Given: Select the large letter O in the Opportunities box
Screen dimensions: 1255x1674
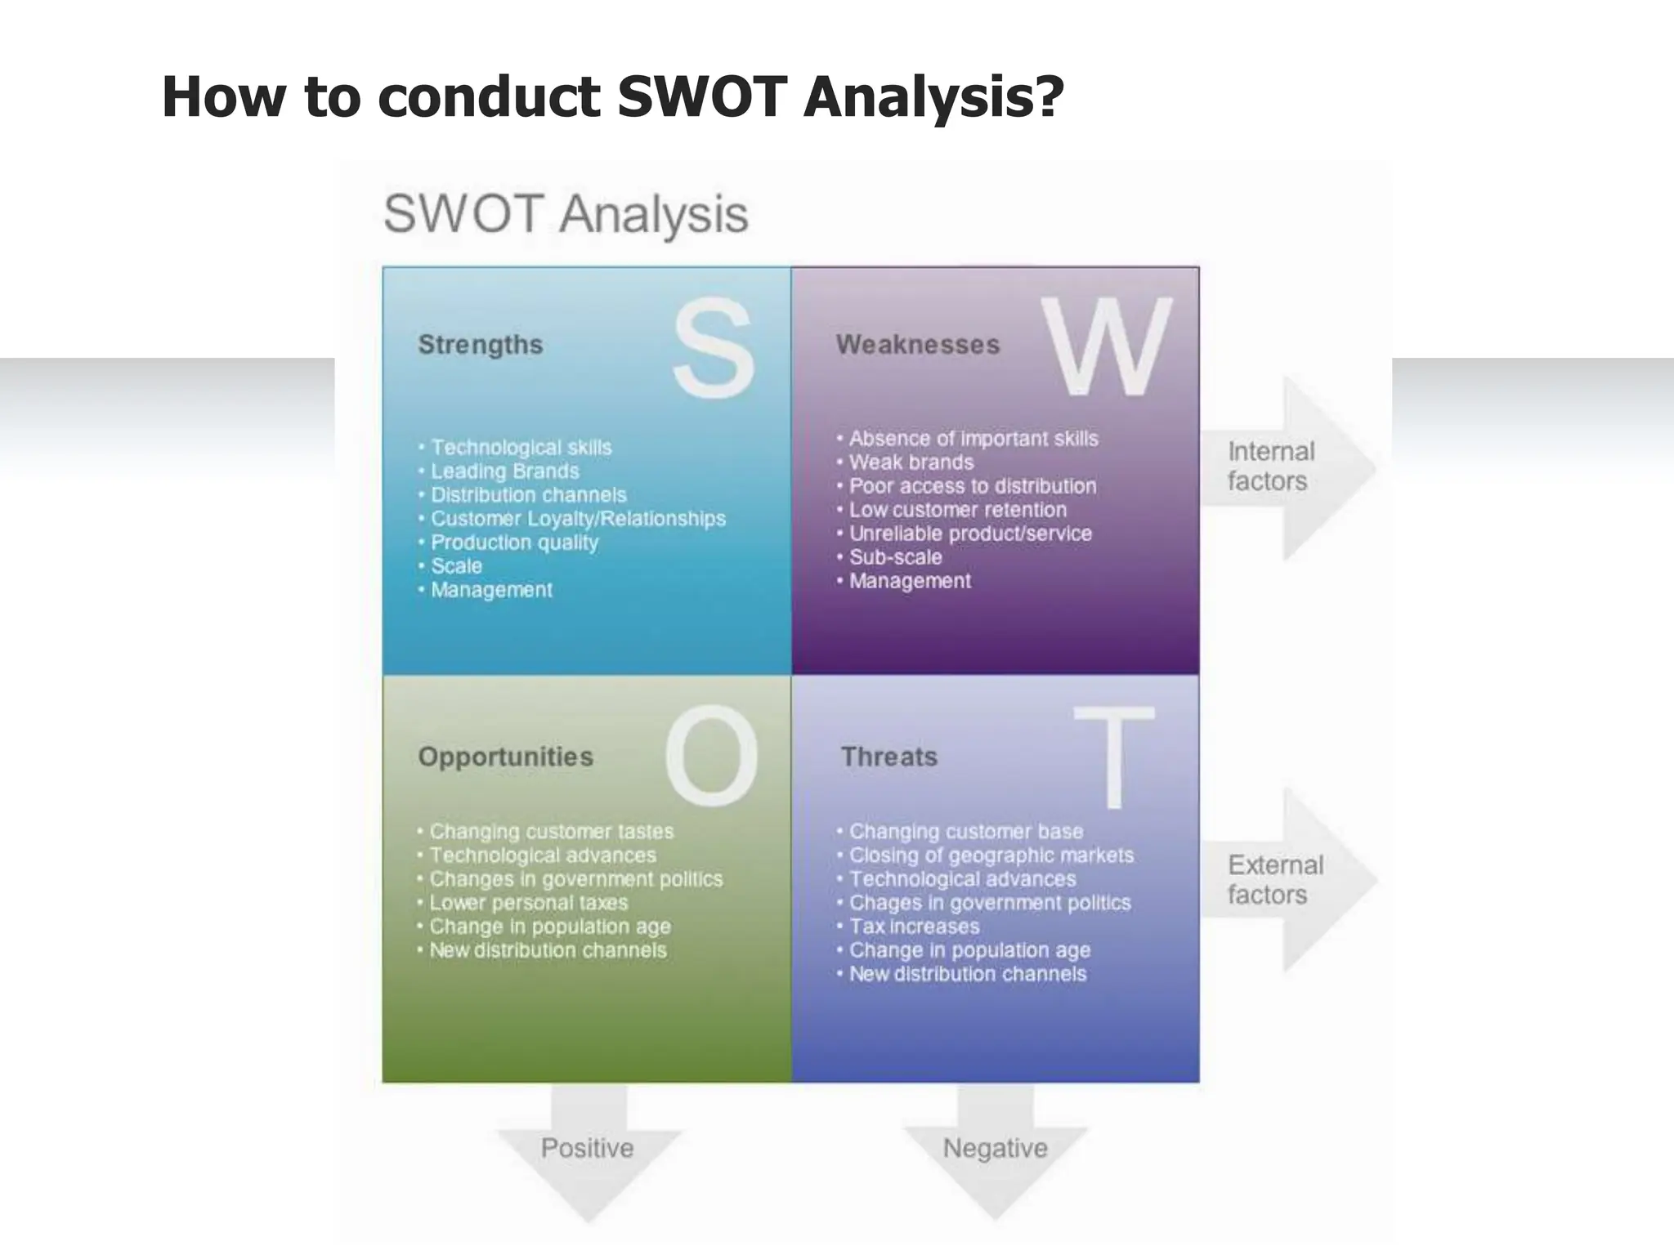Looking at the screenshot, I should [711, 756].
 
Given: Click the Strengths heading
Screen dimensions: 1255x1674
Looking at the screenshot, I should [481, 345].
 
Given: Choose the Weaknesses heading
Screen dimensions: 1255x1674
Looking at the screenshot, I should [917, 345].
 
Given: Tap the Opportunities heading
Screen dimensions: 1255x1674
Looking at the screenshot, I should [505, 757].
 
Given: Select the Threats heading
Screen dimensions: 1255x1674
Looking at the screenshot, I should [889, 757].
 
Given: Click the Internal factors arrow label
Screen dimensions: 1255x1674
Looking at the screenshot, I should [1270, 467].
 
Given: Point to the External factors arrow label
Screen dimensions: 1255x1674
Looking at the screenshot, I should [1274, 880].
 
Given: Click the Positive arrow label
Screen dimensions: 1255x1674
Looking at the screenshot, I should [587, 1148].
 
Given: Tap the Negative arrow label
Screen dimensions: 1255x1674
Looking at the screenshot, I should [995, 1148].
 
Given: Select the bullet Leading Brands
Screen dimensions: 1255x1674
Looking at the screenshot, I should [504, 471].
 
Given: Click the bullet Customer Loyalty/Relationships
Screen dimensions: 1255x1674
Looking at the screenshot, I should [577, 519].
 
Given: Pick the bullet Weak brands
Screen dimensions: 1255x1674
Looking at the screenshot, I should [911, 462].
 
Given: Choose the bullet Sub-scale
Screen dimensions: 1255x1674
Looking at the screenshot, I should [895, 557].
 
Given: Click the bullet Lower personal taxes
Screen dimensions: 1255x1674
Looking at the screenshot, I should [528, 903].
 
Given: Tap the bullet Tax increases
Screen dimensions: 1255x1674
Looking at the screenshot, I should [914, 927].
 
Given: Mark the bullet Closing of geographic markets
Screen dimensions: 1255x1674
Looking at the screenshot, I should [991, 855].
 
